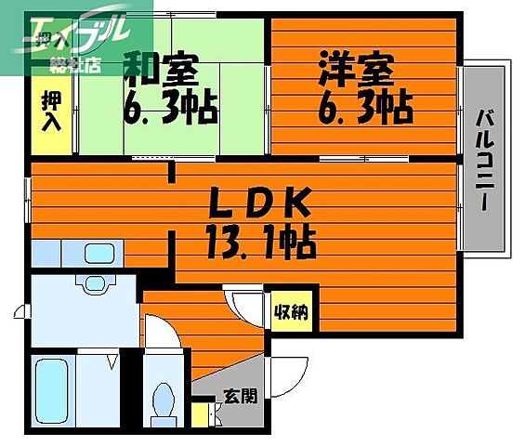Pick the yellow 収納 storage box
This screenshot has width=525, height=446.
click(x=293, y=312)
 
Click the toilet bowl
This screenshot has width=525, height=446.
click(x=164, y=400)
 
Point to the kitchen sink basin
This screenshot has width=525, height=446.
click(x=98, y=252)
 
